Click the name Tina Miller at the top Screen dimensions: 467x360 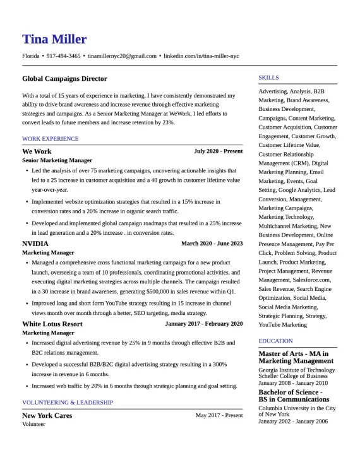pyautogui.click(x=54, y=39)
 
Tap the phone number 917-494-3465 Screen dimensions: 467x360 pyautogui.click(x=63, y=56)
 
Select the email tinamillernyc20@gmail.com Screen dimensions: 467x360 pyautogui.click(x=122, y=56)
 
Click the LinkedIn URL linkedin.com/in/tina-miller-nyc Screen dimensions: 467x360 pyautogui.click(x=201, y=56)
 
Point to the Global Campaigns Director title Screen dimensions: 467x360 pyautogui.click(x=64, y=79)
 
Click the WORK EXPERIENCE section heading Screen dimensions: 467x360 pyautogui.click(x=51, y=139)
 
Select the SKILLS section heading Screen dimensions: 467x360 pyautogui.click(x=268, y=78)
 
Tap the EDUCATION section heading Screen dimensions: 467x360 pyautogui.click(x=275, y=341)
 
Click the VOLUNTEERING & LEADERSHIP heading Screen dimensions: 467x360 pyautogui.click(x=68, y=402)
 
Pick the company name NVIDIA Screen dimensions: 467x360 pyautogui.click(x=35, y=243)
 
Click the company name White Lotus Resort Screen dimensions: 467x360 pyautogui.click(x=52, y=324)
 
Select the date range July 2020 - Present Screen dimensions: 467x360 pyautogui.click(x=218, y=151)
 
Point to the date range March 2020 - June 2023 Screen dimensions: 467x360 pyautogui.click(x=212, y=243)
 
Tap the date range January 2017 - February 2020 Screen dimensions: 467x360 pyautogui.click(x=203, y=324)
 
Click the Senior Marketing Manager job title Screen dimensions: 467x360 pyautogui.click(x=57, y=160)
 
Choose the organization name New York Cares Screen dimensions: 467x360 pyautogui.click(x=47, y=415)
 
